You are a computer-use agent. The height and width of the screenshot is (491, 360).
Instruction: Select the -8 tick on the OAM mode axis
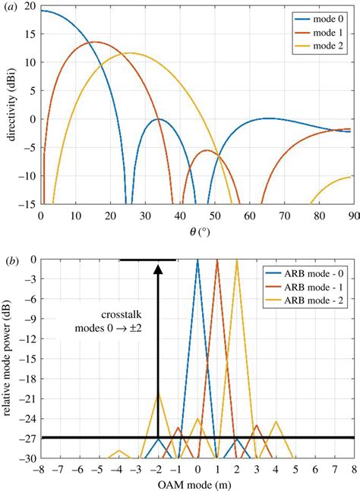pos(39,468)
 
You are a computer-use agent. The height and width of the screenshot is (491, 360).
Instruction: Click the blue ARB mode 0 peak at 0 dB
pos(197,260)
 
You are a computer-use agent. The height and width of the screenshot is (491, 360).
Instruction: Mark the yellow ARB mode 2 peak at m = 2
pos(237,260)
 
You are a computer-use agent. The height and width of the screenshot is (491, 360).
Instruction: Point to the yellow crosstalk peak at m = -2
pos(158,393)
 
